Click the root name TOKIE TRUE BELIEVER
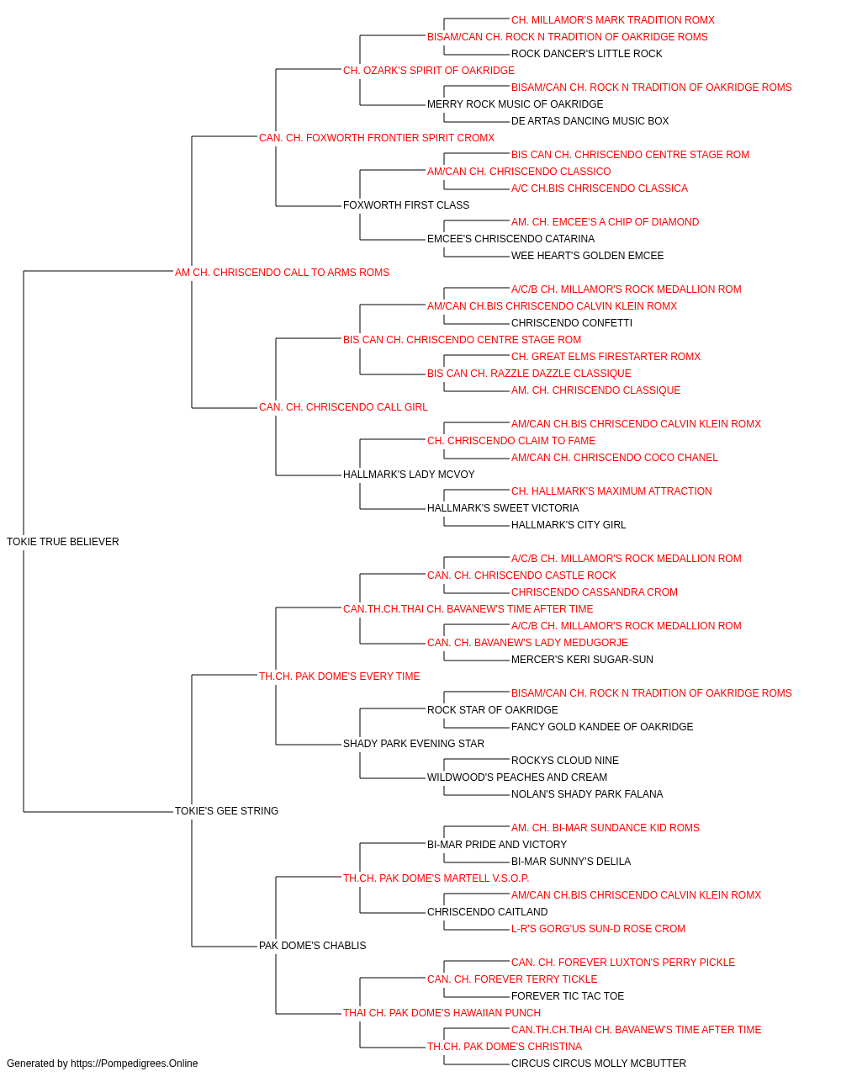coord(63,541)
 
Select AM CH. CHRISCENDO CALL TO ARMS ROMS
coord(282,272)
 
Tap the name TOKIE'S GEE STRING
coord(226,810)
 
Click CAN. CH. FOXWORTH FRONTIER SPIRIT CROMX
coord(377,138)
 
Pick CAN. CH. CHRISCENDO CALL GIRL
coord(343,407)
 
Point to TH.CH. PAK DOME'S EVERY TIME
coord(339,676)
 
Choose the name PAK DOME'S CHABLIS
coord(313,945)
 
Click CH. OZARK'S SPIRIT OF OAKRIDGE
coord(428,71)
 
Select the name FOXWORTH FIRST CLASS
coord(406,204)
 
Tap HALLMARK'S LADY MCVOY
coord(409,475)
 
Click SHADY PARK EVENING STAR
coord(414,744)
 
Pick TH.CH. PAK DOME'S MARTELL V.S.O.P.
coord(436,878)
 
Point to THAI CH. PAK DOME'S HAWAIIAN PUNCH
coord(442,1012)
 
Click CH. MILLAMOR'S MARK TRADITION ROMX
coord(613,20)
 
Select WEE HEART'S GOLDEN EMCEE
coord(587,255)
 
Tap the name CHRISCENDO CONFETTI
coord(572,322)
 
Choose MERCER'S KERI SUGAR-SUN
coord(582,659)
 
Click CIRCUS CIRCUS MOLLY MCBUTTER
coord(598,1064)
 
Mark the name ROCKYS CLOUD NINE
coord(564,761)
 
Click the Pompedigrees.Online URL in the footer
coord(134,1064)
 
